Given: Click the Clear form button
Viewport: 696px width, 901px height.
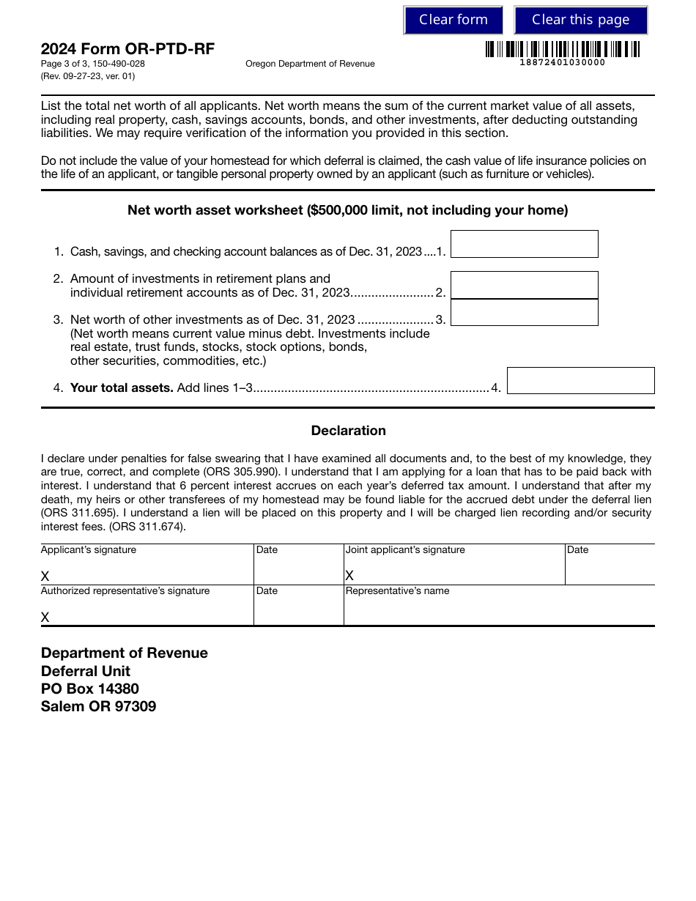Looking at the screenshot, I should click(x=453, y=20).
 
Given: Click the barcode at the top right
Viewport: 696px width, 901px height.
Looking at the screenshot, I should click(x=562, y=49).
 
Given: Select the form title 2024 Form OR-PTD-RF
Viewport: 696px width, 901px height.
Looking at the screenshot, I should click(x=127, y=49).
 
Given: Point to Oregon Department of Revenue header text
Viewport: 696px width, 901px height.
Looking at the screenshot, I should click(x=310, y=64).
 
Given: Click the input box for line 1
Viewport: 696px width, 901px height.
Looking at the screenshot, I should click(x=524, y=244).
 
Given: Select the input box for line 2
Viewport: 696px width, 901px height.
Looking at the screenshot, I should click(x=524, y=285).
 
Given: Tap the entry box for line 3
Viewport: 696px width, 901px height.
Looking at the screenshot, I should click(x=524, y=313).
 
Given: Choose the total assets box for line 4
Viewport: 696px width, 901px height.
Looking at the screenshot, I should click(x=580, y=381).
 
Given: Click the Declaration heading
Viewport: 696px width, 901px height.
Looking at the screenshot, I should click(x=348, y=431).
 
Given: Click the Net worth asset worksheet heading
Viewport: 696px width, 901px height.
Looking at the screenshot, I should click(x=348, y=210).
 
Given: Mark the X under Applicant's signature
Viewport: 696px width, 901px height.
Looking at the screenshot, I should click(x=45, y=576).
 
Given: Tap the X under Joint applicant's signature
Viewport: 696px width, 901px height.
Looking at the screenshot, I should click(x=349, y=576).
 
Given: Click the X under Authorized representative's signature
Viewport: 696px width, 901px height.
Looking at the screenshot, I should click(x=45, y=617).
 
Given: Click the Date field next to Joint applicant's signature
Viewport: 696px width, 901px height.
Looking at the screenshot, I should click(x=609, y=568).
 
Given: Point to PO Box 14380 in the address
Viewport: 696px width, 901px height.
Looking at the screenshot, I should click(x=89, y=689).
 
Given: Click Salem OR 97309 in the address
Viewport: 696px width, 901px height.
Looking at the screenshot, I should click(x=98, y=707).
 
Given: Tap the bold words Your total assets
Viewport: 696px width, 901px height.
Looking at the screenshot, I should click(x=122, y=388).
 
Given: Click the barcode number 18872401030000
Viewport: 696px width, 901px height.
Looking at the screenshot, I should click(x=562, y=62).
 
